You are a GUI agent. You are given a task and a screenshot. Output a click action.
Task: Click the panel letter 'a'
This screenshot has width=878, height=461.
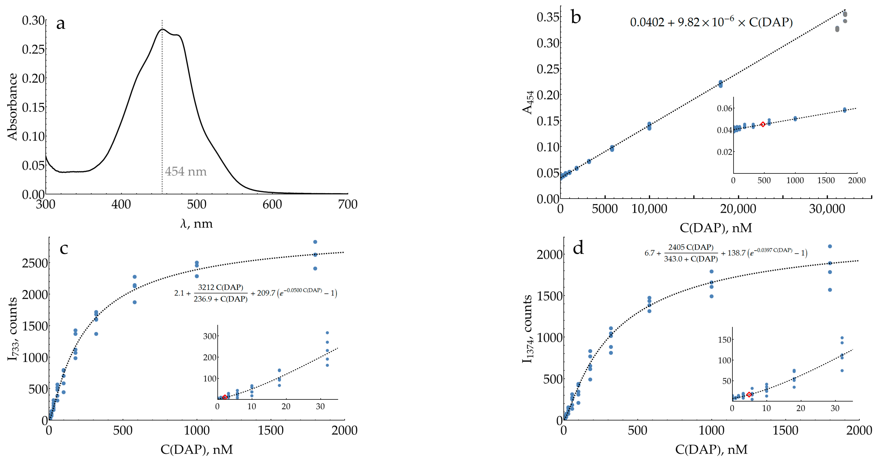click(x=61, y=24)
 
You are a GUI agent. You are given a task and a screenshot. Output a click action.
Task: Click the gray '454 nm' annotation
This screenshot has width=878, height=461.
click(x=186, y=171)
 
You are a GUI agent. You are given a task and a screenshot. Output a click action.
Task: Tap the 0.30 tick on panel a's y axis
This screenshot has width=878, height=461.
click(x=33, y=20)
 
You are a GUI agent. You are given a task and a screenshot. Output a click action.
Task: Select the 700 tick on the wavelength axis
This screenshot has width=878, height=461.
click(x=347, y=204)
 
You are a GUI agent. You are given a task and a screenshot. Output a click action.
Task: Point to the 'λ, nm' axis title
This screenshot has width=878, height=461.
click(x=196, y=224)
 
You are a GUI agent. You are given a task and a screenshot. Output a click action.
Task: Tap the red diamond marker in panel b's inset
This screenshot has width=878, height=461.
click(x=763, y=124)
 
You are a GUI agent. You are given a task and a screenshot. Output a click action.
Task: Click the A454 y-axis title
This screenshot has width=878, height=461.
click(x=528, y=102)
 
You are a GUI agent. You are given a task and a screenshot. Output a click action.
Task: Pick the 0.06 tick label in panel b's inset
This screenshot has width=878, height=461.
click(x=724, y=108)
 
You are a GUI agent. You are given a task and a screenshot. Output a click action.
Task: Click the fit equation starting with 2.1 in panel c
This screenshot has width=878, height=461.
click(x=255, y=293)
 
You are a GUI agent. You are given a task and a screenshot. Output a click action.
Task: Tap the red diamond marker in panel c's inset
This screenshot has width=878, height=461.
click(x=225, y=397)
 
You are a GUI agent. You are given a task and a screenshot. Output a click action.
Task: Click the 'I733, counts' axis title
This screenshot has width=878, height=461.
click(x=13, y=329)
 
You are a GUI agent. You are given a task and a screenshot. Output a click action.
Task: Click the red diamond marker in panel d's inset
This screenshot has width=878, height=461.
click(x=749, y=395)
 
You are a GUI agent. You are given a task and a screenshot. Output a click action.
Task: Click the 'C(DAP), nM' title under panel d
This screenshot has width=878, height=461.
click(x=711, y=450)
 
